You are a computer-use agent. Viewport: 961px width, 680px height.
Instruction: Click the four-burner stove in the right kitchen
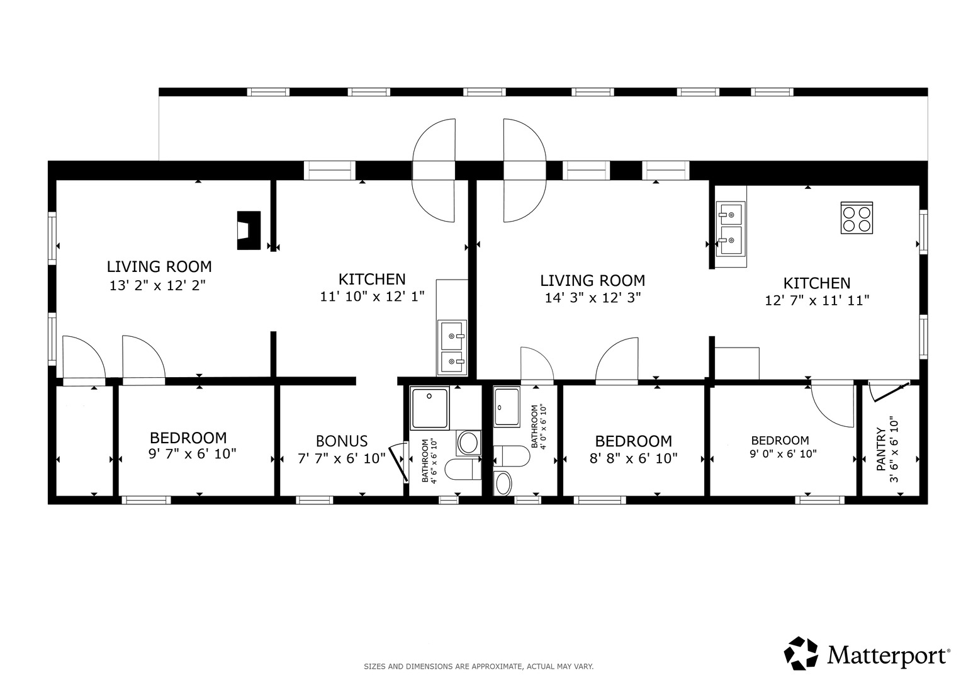click(x=857, y=218)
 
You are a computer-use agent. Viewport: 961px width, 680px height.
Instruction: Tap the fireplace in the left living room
click(x=249, y=230)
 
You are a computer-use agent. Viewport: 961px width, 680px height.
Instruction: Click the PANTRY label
click(x=881, y=449)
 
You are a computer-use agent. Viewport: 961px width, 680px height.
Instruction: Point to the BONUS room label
click(x=342, y=441)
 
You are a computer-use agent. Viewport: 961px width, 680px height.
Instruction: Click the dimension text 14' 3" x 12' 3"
click(x=592, y=297)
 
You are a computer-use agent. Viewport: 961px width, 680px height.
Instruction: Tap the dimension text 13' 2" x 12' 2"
click(x=157, y=285)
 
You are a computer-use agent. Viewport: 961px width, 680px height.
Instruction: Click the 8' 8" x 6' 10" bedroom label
click(x=633, y=450)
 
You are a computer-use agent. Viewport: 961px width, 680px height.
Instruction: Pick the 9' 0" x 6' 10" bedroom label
click(x=783, y=447)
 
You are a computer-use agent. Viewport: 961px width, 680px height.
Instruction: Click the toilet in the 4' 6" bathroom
click(x=463, y=469)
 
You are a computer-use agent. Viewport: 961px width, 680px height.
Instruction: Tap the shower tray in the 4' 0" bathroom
click(x=507, y=406)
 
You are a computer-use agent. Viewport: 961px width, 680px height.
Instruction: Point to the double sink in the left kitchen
click(x=452, y=348)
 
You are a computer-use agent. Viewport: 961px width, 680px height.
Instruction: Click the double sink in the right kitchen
click(x=731, y=229)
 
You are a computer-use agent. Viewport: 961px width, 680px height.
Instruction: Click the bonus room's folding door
click(x=398, y=463)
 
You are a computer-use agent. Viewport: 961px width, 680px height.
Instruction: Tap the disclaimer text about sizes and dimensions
click(x=479, y=667)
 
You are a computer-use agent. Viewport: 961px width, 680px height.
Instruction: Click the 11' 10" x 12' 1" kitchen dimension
click(x=372, y=296)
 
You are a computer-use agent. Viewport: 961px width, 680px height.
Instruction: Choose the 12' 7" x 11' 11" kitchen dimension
click(x=817, y=300)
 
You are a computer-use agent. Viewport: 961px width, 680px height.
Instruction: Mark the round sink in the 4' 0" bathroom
click(x=503, y=484)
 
